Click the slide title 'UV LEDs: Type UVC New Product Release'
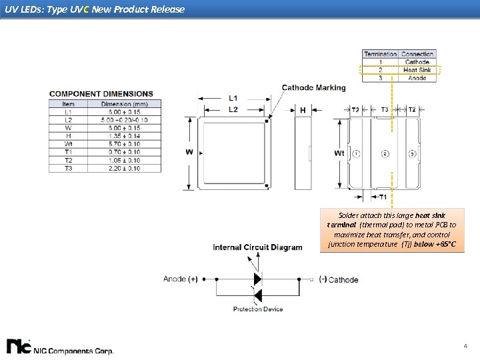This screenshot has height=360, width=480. click(x=94, y=9)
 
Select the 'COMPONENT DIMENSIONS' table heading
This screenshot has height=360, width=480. click(x=101, y=94)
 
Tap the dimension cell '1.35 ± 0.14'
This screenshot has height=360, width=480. click(x=124, y=136)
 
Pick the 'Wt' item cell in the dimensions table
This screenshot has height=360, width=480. click(x=68, y=144)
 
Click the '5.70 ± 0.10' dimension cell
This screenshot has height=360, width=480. click(x=124, y=144)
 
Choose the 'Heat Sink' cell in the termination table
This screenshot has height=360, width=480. click(x=417, y=70)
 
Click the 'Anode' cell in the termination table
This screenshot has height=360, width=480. click(x=417, y=78)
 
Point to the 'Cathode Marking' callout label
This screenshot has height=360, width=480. click(x=313, y=87)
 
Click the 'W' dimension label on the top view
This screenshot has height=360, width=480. click(x=189, y=152)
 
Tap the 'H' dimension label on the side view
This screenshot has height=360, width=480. click(x=303, y=110)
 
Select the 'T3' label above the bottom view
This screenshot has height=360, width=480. click(x=385, y=109)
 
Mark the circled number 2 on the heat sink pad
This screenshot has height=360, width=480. click(x=385, y=154)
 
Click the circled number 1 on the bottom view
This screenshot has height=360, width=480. click(x=357, y=154)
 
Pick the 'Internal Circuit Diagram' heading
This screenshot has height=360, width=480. click(x=257, y=247)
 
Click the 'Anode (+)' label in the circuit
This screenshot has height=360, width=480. click(x=180, y=279)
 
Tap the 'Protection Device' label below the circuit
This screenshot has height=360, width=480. click(x=258, y=309)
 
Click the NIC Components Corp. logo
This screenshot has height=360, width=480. click(x=60, y=347)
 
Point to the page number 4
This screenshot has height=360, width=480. click(x=465, y=346)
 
